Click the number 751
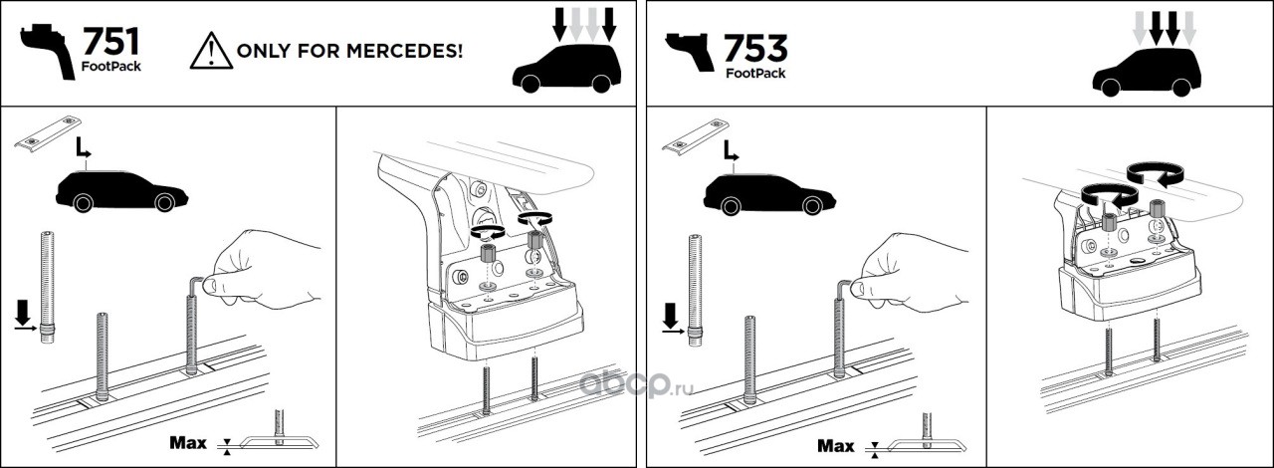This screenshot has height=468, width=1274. point(110,41)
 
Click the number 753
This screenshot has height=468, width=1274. point(755,48)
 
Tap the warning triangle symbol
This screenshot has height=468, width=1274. point(211,51)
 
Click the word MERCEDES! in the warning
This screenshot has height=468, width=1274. point(404,51)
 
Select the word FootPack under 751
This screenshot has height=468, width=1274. point(110,66)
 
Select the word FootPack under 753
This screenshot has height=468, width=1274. point(755,73)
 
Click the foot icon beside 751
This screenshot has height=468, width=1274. point(49,50)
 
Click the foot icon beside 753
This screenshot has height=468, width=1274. point(690,52)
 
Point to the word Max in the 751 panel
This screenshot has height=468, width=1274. point(188,442)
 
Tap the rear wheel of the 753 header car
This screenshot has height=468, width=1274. point(1181,87)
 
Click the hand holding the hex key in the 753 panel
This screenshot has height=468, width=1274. point(914,272)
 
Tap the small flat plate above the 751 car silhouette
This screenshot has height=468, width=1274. point(49,135)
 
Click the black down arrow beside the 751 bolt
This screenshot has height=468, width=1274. point(23,312)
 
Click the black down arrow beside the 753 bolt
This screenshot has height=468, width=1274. point(671,315)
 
